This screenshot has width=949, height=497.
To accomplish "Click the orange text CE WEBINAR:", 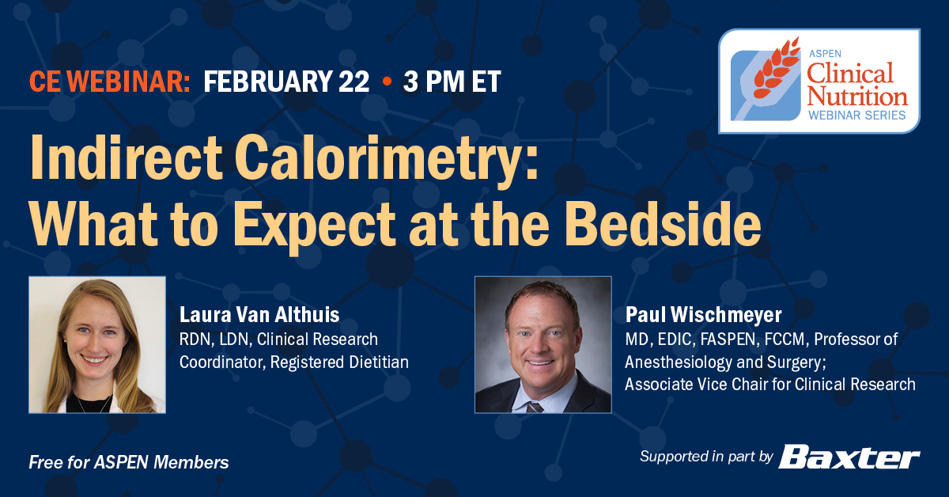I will [x=109, y=82].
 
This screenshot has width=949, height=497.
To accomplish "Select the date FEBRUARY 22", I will [x=286, y=82].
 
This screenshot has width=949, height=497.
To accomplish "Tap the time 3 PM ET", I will [x=452, y=82].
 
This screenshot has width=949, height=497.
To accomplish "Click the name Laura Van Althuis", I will [x=259, y=316].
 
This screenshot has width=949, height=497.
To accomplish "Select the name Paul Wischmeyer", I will [x=703, y=316].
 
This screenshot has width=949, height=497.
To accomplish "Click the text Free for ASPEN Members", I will [x=129, y=461].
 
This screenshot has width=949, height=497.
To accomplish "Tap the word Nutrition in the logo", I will [x=856, y=96].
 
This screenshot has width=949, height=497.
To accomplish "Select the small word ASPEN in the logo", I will [x=822, y=54].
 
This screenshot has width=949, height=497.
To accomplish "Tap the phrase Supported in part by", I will [x=706, y=457].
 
